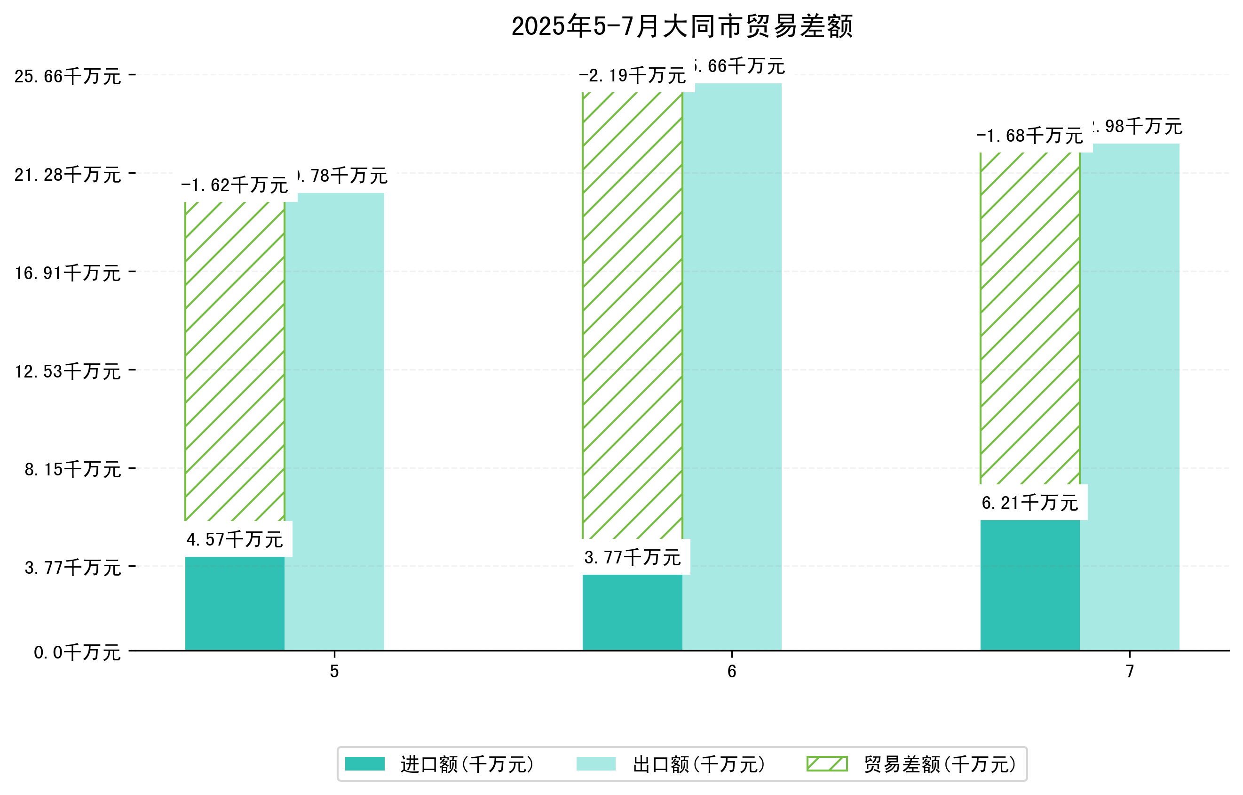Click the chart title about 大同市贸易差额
682,26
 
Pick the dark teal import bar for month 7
1030,585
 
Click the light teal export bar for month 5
334,421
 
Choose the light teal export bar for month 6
732,367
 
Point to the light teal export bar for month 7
1130,397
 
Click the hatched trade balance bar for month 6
633,315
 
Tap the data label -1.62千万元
234,185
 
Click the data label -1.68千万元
1030,137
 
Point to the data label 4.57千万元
234,540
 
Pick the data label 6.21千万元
1030,503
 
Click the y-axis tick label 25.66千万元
68,76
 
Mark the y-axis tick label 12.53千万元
68,371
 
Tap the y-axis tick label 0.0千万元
77,653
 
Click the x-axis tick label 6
732,672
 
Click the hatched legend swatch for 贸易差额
827,764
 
